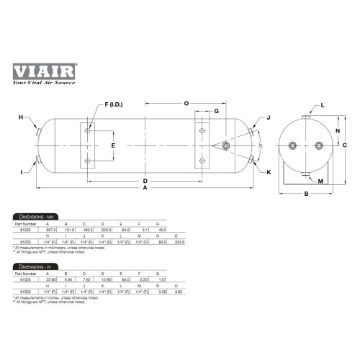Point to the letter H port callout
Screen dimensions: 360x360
21,117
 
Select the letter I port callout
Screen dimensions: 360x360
22,171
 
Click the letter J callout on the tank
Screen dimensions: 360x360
268,117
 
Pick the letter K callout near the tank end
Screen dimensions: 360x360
269,172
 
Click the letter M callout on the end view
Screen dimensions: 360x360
320,180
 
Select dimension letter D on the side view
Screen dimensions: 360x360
145,180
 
